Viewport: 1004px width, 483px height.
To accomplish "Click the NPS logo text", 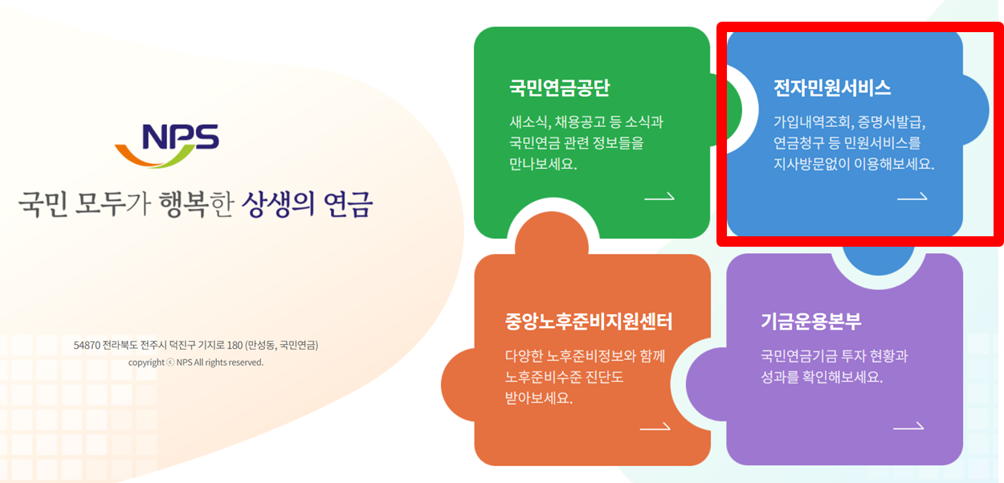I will [180, 137].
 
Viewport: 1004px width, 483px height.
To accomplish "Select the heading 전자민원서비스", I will [832, 88].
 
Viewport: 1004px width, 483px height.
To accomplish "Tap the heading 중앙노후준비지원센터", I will [589, 321].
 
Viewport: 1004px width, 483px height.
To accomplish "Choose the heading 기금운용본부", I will [811, 321].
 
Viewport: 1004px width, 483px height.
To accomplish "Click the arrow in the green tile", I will [659, 197].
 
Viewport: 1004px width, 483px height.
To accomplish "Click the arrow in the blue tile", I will [912, 197].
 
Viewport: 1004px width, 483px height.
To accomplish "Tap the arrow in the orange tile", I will [655, 428].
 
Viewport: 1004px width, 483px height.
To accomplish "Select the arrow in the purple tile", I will [908, 427].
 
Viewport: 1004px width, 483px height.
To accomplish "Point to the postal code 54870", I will [86, 346].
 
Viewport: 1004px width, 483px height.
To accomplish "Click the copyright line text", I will [196, 362].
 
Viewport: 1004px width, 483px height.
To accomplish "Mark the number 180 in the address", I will [235, 346].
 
